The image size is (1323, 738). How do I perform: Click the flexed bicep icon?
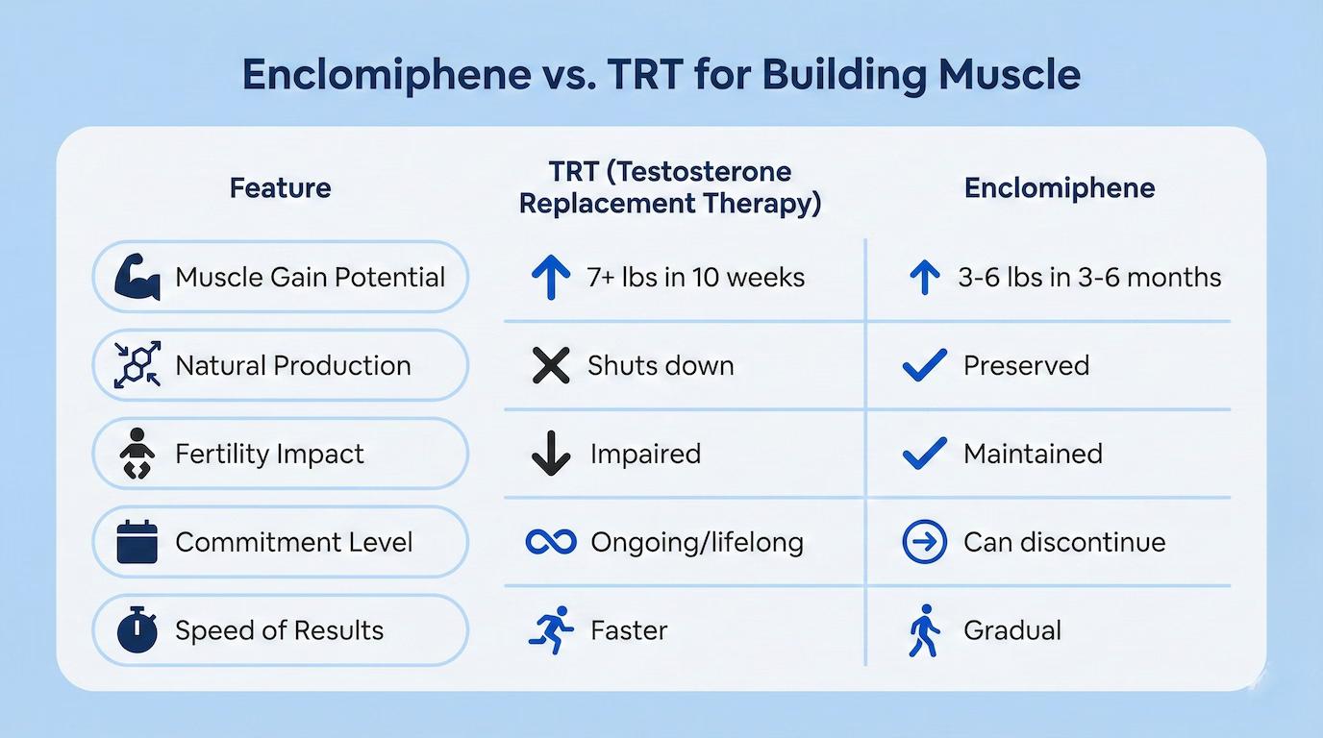point(137,277)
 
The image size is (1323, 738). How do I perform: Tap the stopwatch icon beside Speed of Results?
point(137,630)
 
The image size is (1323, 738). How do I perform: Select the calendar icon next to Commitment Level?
point(137,542)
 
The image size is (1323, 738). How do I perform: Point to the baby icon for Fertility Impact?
point(137,454)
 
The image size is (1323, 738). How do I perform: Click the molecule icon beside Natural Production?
point(137,365)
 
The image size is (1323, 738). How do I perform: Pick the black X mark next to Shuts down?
point(551,365)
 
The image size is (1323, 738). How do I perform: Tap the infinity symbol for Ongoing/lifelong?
point(551,542)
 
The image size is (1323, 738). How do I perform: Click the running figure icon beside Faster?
point(551,630)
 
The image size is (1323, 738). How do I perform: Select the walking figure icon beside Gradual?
point(924,630)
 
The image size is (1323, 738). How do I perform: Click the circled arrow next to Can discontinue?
point(924,542)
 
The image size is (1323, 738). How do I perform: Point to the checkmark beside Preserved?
point(924,365)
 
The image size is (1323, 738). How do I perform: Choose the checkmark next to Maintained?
point(924,454)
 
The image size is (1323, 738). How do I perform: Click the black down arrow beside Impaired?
point(551,454)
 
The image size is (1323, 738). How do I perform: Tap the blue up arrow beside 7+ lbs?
point(551,278)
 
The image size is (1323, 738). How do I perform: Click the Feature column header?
point(280,188)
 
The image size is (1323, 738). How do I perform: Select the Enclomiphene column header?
point(1060,188)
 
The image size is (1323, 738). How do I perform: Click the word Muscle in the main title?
point(1010,74)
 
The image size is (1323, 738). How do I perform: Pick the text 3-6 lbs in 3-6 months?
point(1089,278)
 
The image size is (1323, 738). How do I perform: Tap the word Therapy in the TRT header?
point(762,204)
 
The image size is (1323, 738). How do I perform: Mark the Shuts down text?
point(661,365)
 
